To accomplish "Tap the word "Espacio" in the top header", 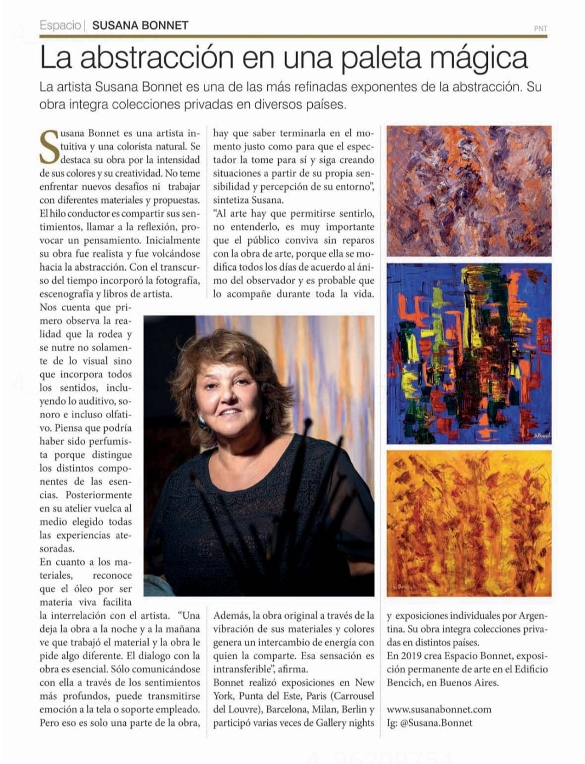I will pos(60,25).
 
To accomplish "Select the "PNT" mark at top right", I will pos(540,28).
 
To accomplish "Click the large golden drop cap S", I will pos(49,146).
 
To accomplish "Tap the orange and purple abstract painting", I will pos(468,190).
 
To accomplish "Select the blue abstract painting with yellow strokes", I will pos(468,353).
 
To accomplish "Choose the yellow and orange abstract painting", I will pos(468,523).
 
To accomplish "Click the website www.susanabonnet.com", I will pos(439,709).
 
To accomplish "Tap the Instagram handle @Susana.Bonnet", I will pos(436,722).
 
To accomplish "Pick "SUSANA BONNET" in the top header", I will pos(140,25).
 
